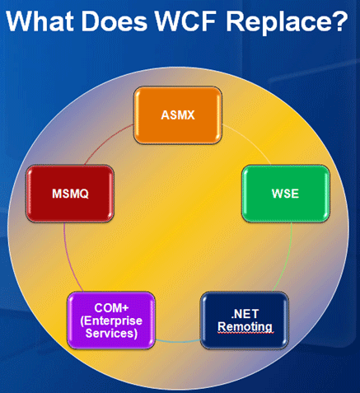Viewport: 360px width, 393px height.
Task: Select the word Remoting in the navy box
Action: [244, 327]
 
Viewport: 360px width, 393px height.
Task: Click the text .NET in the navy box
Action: [244, 313]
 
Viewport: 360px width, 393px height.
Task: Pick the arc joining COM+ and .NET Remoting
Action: [177, 340]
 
